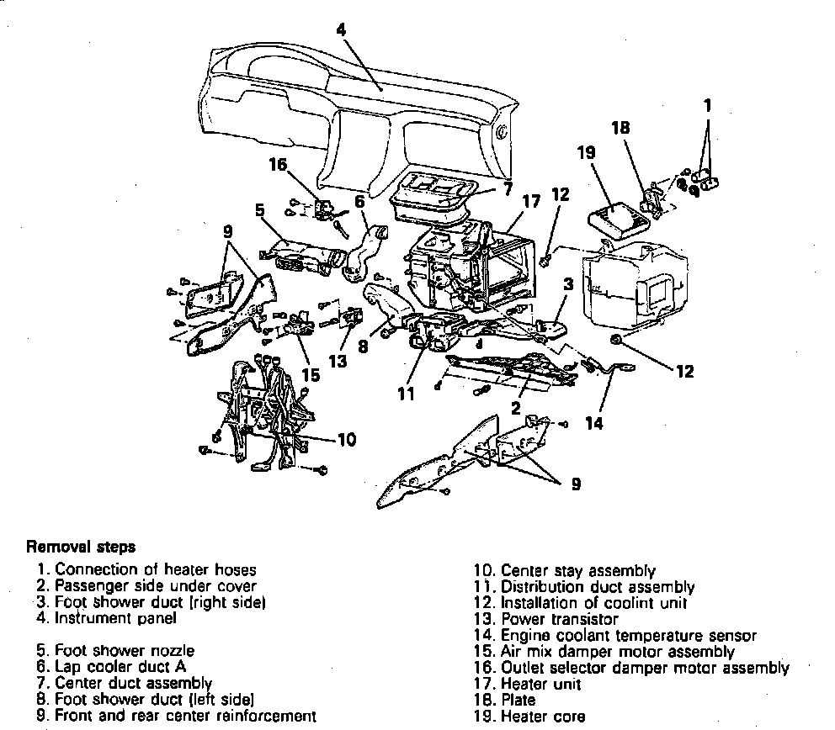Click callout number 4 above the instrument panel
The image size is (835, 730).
pos(340,29)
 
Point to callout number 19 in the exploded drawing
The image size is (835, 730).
pos(587,154)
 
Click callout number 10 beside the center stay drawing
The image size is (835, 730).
pos(346,439)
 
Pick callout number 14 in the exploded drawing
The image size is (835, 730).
pos(594,422)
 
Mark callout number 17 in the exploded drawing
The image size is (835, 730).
pos(529,202)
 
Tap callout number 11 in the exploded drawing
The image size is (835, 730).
pos(407,392)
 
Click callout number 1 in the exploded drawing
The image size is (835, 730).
pos(708,106)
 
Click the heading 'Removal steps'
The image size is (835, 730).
pos(81,547)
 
